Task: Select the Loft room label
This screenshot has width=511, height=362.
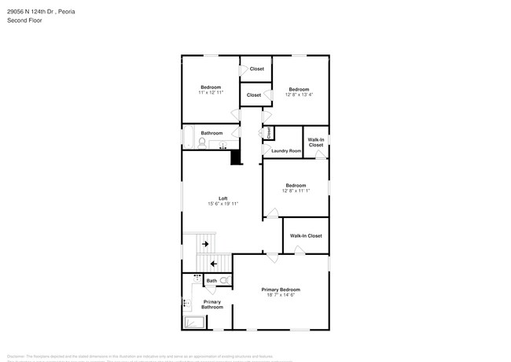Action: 222,198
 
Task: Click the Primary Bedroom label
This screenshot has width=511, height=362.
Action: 281,290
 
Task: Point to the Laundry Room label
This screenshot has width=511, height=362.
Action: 286,150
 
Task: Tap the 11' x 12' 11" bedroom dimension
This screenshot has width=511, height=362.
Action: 211,92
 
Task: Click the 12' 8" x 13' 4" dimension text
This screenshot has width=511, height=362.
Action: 299,95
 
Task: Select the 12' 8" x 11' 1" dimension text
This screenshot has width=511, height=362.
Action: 296,191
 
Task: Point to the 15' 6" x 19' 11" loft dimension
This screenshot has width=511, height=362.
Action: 222,204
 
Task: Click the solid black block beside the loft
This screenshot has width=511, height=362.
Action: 235,157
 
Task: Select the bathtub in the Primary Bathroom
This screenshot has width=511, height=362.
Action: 193,322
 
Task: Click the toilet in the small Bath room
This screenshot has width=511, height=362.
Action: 224,280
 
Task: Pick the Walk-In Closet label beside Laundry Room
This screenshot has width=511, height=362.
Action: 315,142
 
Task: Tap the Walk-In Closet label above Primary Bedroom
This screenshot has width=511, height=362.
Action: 306,235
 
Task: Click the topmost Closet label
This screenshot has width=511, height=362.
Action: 256,69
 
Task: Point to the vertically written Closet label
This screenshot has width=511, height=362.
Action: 269,132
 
